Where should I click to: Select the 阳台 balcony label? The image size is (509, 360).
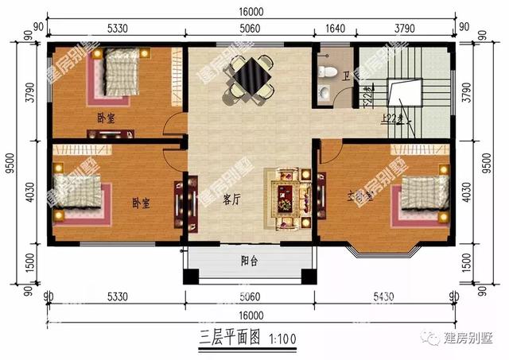(248, 261)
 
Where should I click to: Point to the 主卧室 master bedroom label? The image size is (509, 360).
(360, 196)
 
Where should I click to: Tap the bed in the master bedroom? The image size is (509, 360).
(422, 192)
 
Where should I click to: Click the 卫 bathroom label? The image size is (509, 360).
(346, 76)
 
